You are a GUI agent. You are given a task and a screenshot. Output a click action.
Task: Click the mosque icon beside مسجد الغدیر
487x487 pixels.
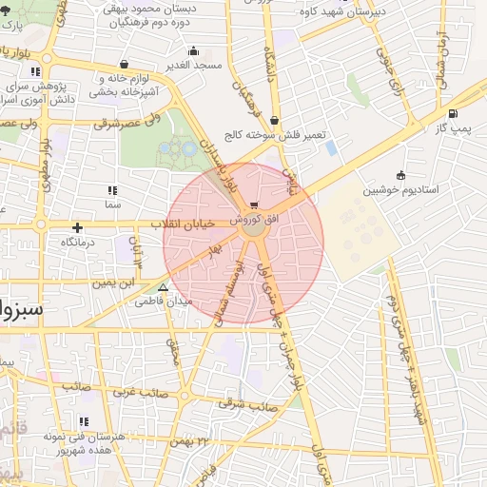tap(194, 51)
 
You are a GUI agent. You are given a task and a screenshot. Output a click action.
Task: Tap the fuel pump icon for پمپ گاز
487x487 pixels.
tap(452, 114)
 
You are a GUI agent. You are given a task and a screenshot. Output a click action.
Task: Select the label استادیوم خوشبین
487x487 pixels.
tap(400, 189)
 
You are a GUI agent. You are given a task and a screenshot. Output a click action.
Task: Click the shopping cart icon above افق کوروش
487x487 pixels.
tap(253, 205)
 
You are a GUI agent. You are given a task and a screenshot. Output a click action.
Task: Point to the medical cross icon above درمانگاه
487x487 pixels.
tap(77, 227)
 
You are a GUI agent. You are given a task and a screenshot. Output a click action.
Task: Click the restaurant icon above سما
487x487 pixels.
tap(113, 190)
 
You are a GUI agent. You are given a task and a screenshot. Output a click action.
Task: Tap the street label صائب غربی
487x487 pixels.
tap(140, 391)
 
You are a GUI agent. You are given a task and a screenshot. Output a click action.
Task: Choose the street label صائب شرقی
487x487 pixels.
tap(250, 404)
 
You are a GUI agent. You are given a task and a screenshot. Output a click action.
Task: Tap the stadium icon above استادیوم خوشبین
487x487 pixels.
tap(400, 174)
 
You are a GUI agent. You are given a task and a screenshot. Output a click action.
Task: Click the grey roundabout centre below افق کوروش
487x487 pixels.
tap(253, 227)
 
